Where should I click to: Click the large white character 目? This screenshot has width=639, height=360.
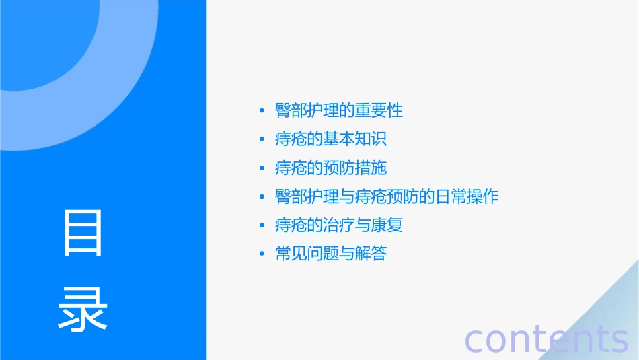click(83, 233)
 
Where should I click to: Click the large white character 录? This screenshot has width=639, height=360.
click(83, 309)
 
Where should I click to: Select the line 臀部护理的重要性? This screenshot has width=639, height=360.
click(338, 110)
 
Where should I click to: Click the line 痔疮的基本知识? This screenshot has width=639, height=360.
click(331, 139)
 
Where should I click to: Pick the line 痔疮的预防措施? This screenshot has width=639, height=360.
click(331, 168)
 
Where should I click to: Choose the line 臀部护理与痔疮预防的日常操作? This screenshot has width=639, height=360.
click(387, 197)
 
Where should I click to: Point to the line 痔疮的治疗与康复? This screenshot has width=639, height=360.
click(338, 225)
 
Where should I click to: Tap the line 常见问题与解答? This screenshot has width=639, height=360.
click(331, 254)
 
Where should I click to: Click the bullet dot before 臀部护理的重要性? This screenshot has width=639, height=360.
click(262, 111)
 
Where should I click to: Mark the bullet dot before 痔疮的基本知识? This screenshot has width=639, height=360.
click(262, 140)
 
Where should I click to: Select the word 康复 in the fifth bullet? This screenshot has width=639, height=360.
click(387, 225)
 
